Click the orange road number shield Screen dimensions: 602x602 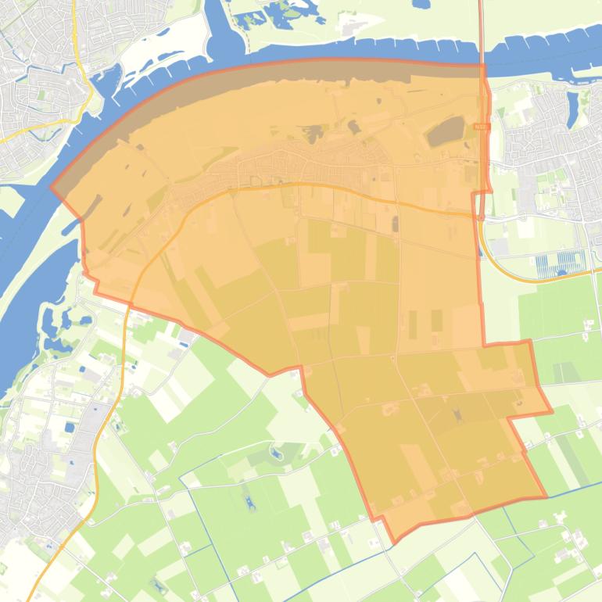click(x=481, y=125)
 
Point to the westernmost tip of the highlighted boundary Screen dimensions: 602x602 click(x=52, y=188)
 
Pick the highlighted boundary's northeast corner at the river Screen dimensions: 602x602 click(x=483, y=66)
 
